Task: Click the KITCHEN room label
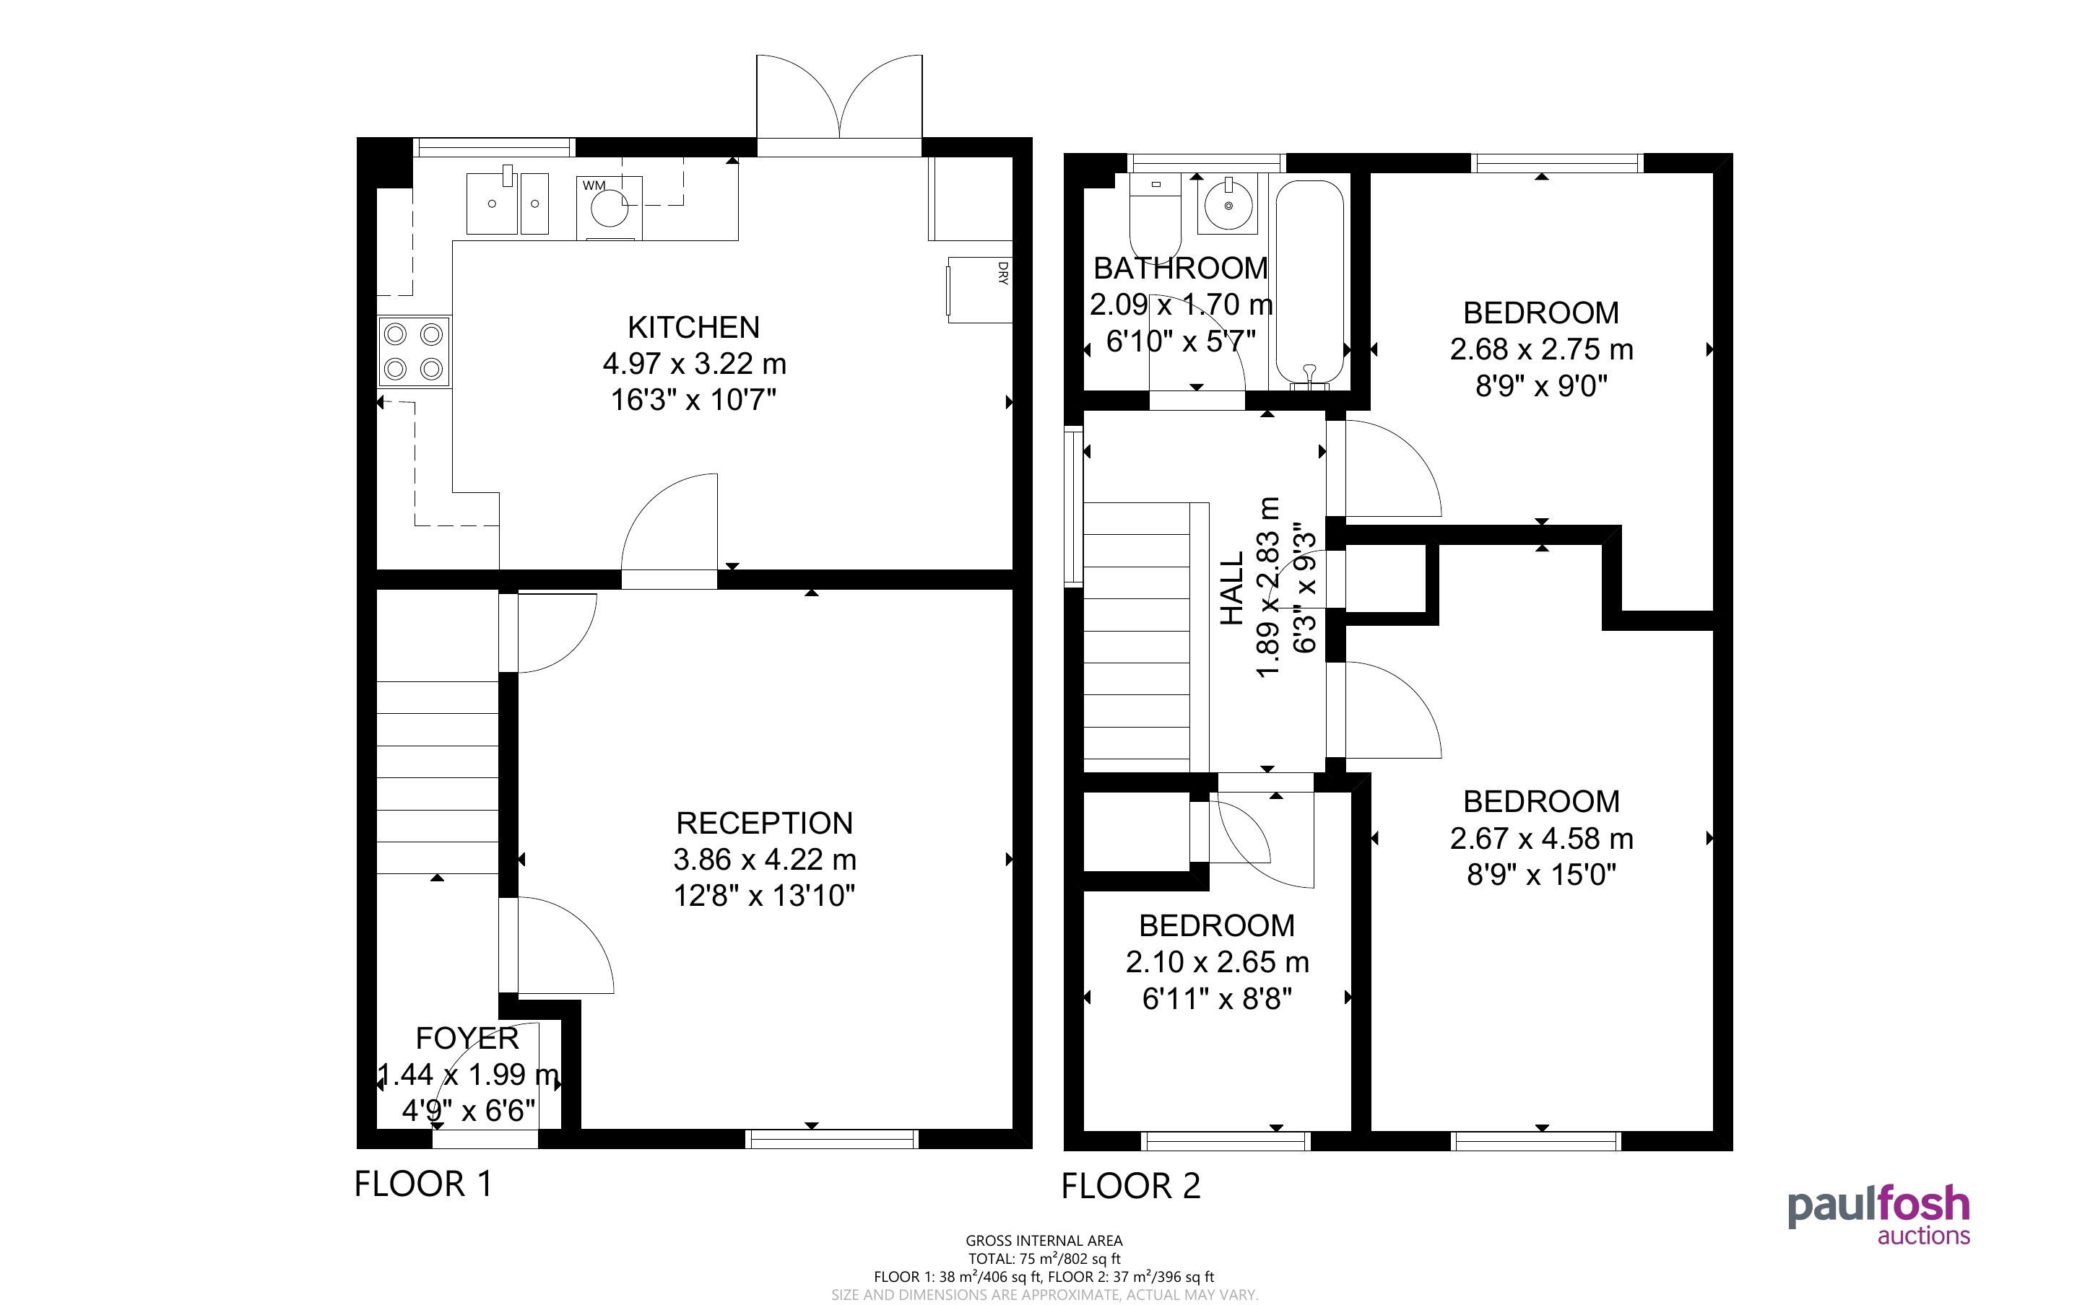tap(693, 327)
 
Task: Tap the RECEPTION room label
tap(764, 824)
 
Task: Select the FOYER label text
tap(467, 1037)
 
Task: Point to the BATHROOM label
tap(1180, 269)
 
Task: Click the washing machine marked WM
tap(610, 208)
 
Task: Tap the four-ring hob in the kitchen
tap(414, 352)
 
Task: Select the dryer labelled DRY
tap(979, 290)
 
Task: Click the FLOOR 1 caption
tap(423, 1183)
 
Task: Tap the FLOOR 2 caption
tap(1130, 1186)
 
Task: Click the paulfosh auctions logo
tap(1878, 1217)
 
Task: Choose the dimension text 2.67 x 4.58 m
tap(1541, 838)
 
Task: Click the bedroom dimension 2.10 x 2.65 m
tap(1216, 961)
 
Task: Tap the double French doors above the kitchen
tap(839, 105)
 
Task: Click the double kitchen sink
tap(508, 203)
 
